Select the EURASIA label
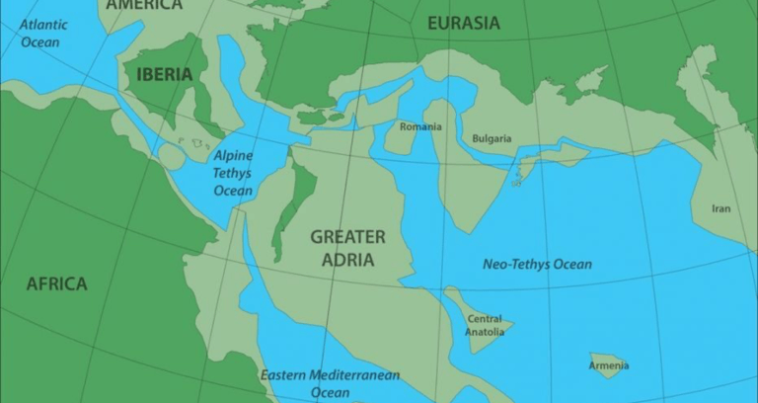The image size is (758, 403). pyautogui.click(x=464, y=23)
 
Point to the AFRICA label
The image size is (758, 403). pyautogui.click(x=56, y=283)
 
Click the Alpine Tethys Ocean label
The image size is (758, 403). pyautogui.click(x=233, y=173)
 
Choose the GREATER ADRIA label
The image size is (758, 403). pyautogui.click(x=348, y=248)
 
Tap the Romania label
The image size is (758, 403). pyautogui.click(x=421, y=126)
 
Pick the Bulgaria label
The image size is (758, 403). pyautogui.click(x=492, y=138)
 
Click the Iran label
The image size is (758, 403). pyautogui.click(x=721, y=208)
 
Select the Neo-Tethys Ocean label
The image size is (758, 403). pyautogui.click(x=537, y=264)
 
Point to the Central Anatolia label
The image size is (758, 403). pyautogui.click(x=484, y=325)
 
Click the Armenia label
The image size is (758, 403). pyautogui.click(x=610, y=366)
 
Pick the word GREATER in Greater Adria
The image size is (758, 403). pyautogui.click(x=348, y=237)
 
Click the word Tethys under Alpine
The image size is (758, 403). pyautogui.click(x=233, y=173)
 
